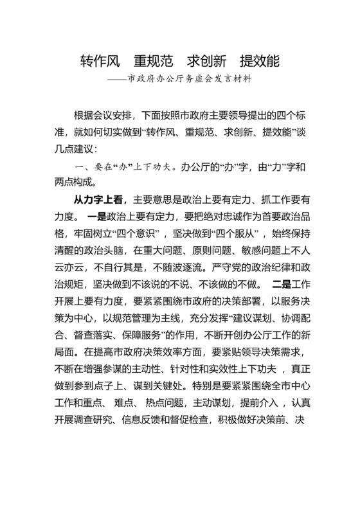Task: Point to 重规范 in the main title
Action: (x=152, y=63)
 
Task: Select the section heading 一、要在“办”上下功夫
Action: (x=141, y=166)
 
